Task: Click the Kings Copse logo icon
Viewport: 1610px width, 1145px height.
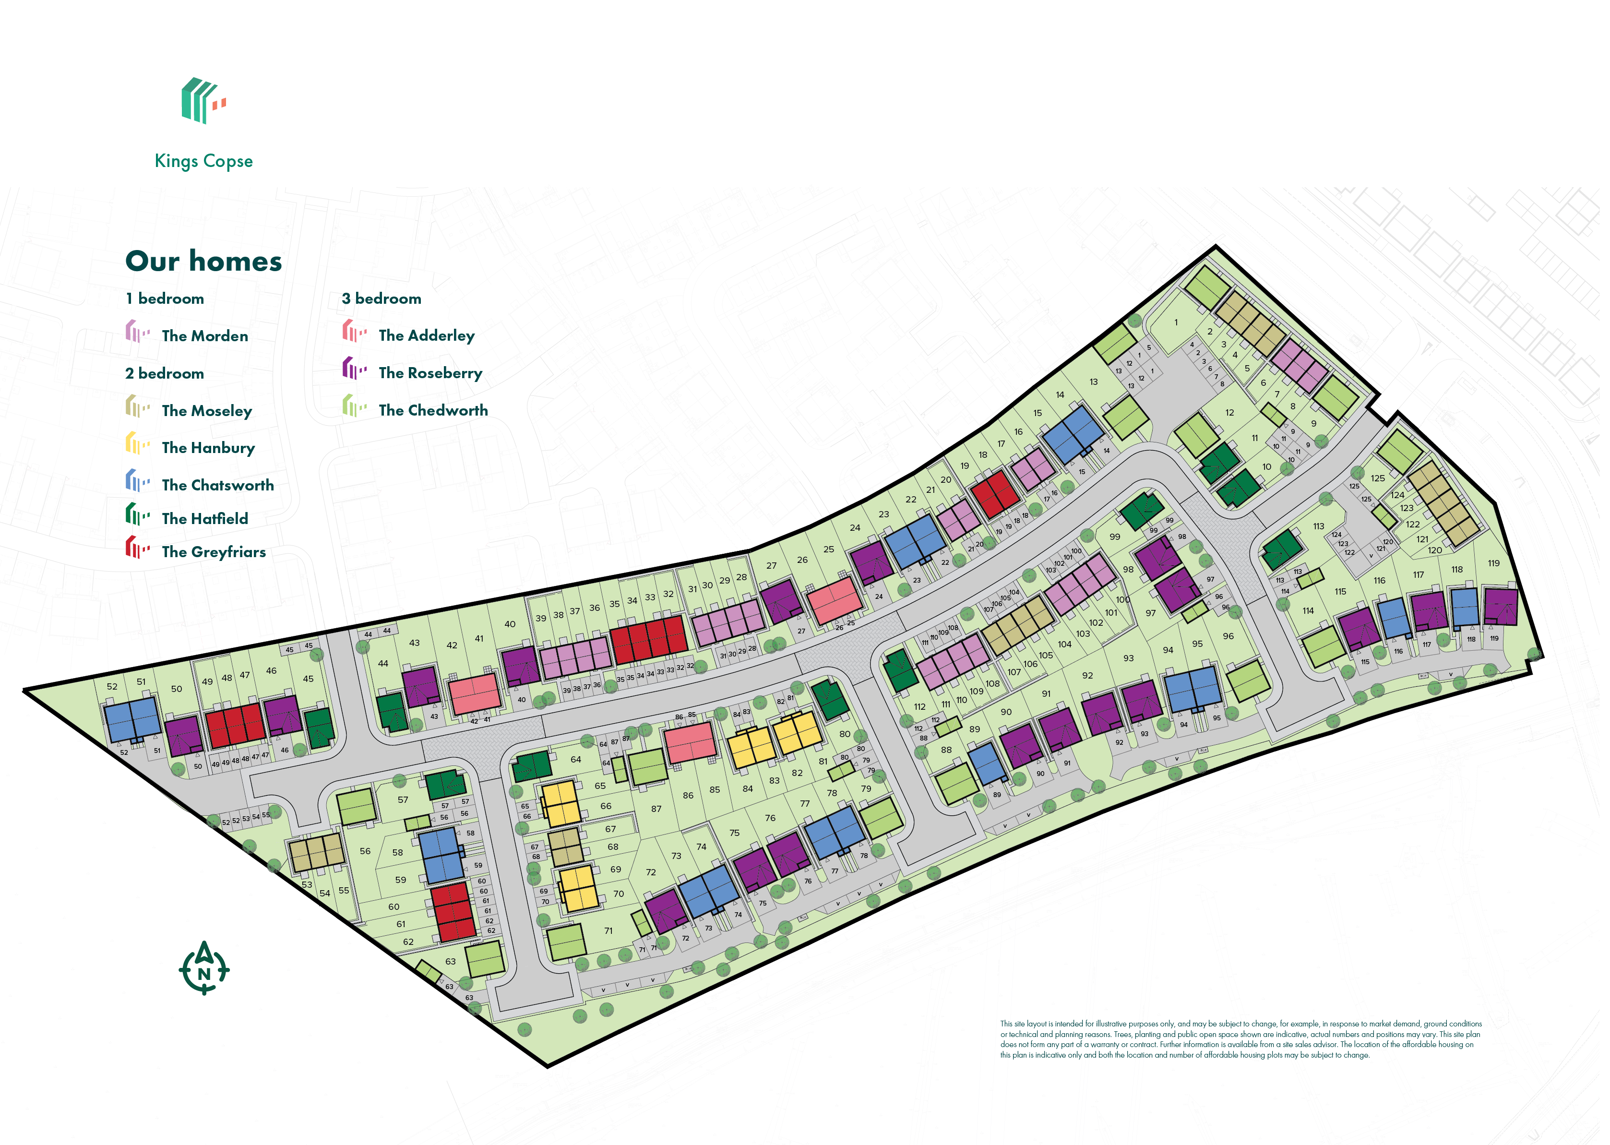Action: pyautogui.click(x=203, y=101)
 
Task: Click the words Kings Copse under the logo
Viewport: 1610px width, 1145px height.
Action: pyautogui.click(x=204, y=161)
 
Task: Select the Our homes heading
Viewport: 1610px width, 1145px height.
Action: pyautogui.click(x=204, y=262)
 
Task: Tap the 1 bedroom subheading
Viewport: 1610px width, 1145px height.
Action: pyautogui.click(x=165, y=299)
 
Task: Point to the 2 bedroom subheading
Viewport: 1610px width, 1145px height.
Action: pyautogui.click(x=165, y=374)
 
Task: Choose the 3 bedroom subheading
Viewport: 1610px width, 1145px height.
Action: pyautogui.click(x=382, y=299)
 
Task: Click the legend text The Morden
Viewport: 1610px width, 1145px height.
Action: pyautogui.click(x=205, y=336)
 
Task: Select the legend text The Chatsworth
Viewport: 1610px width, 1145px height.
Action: pyautogui.click(x=218, y=486)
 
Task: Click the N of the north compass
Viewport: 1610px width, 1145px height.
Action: pyautogui.click(x=204, y=974)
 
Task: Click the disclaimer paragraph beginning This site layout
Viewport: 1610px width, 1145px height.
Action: pyautogui.click(x=1240, y=1039)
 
